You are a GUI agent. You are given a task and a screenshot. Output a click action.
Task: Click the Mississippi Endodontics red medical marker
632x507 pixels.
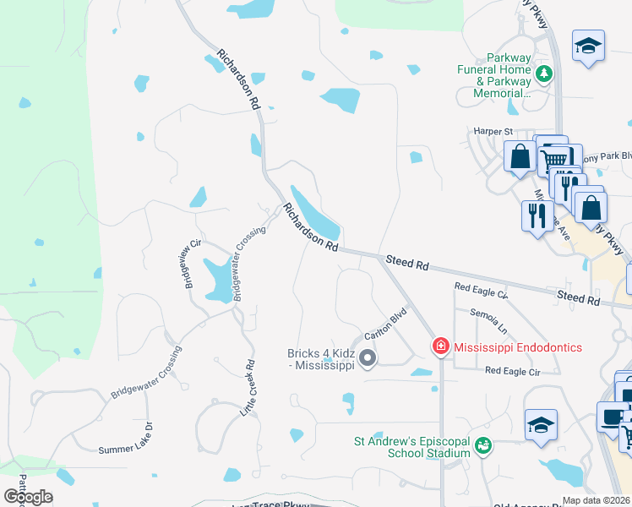pos(440,346)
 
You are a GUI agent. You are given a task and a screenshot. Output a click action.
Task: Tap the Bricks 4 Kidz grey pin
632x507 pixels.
pos(368,359)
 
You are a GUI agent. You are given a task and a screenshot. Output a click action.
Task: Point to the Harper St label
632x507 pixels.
pos(493,132)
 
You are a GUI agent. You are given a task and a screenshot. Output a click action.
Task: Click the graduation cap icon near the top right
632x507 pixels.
pos(588,46)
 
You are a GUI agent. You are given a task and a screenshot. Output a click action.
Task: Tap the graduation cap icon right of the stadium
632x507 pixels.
pos(541,426)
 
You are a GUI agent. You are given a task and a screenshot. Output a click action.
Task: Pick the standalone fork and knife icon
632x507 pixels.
pos(537,216)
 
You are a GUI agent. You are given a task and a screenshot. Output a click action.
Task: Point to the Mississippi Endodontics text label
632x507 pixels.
pos(518,346)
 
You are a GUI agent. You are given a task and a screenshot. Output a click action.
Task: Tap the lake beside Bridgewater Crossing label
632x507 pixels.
pos(215,279)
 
